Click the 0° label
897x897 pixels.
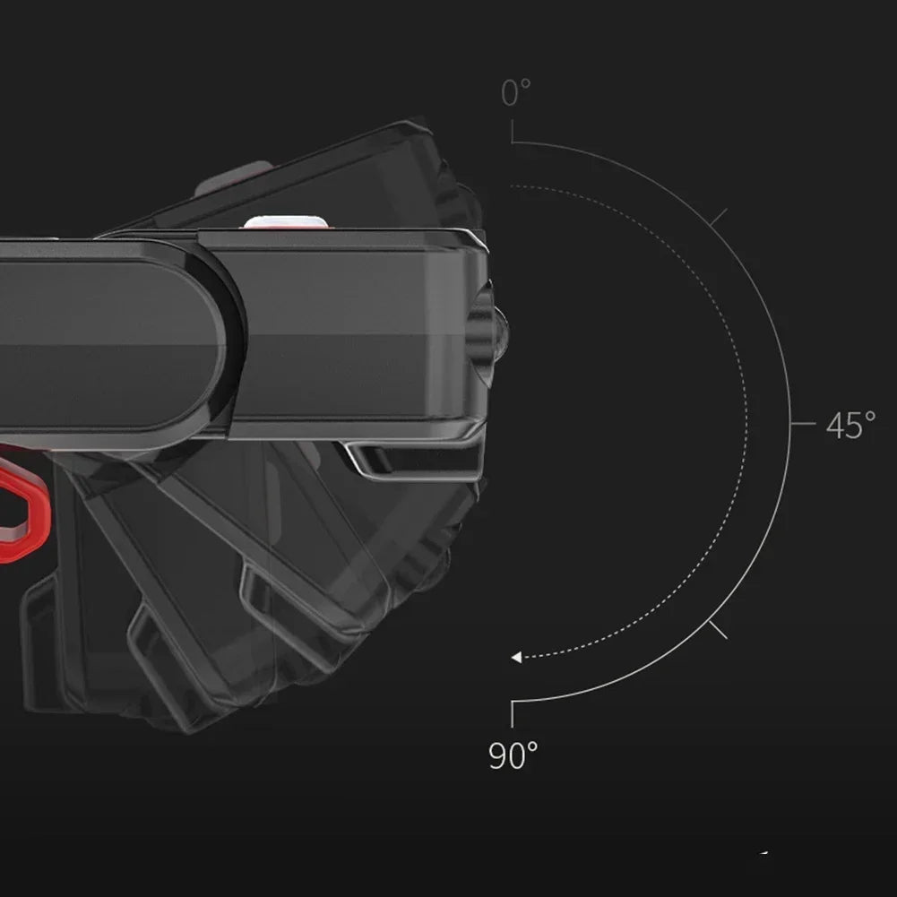[x=515, y=92]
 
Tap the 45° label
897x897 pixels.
[x=850, y=425]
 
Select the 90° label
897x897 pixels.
[x=513, y=755]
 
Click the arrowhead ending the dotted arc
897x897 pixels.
[x=516, y=658]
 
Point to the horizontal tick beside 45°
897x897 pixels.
[x=803, y=424]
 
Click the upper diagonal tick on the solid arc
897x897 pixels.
[x=718, y=217]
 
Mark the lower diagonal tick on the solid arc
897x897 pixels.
[x=718, y=630]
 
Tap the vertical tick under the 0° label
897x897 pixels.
[x=512, y=131]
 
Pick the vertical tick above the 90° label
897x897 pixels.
[x=512, y=714]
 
